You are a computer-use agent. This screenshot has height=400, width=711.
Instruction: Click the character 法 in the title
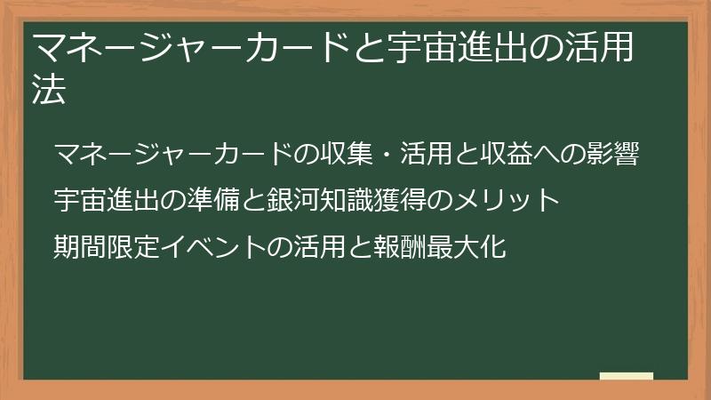[49, 92]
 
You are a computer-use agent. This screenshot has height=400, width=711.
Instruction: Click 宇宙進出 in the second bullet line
[106, 200]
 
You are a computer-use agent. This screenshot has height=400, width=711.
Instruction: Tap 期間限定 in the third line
[106, 245]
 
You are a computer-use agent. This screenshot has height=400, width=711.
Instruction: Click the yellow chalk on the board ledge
[627, 375]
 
